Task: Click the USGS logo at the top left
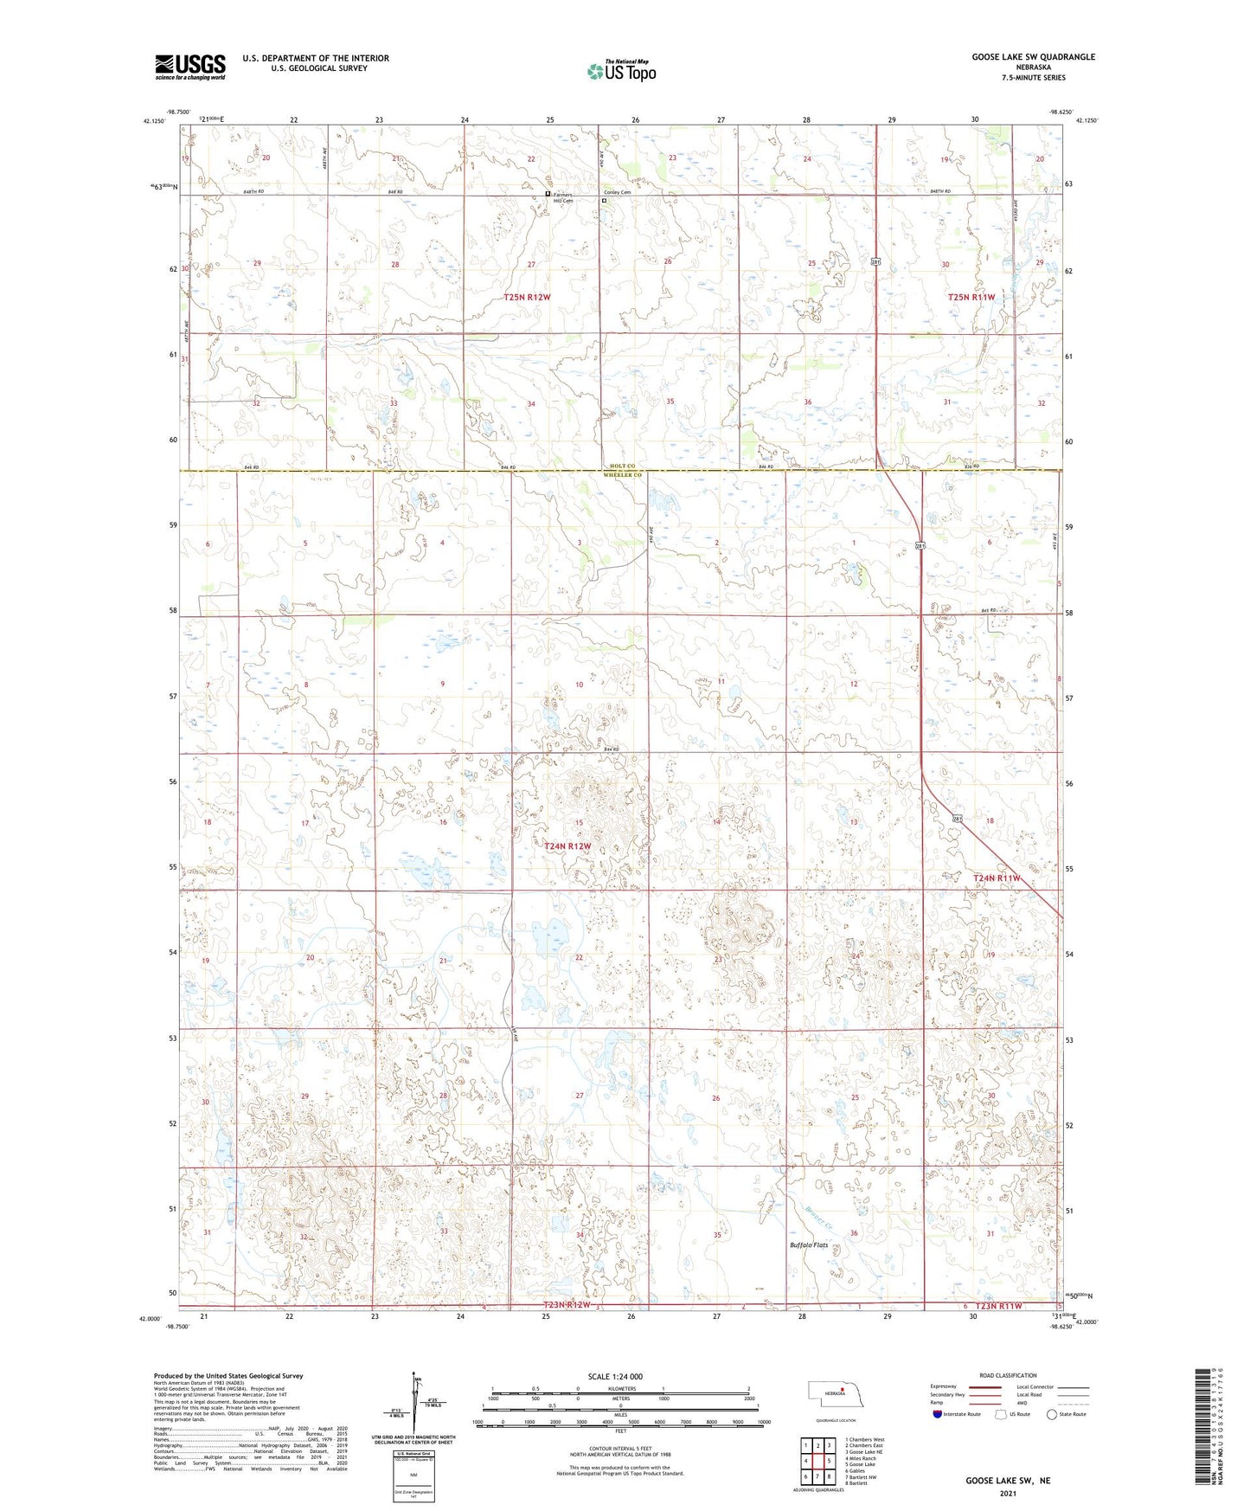click(190, 67)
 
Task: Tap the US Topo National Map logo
click(620, 70)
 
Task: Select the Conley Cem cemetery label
click(617, 192)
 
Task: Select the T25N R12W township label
click(527, 297)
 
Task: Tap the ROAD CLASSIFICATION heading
click(1008, 1375)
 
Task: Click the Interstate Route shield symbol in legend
click(937, 1415)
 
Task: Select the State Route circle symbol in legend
click(1052, 1415)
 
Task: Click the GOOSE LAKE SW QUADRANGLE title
click(1033, 57)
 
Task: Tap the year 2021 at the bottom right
click(1008, 1493)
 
